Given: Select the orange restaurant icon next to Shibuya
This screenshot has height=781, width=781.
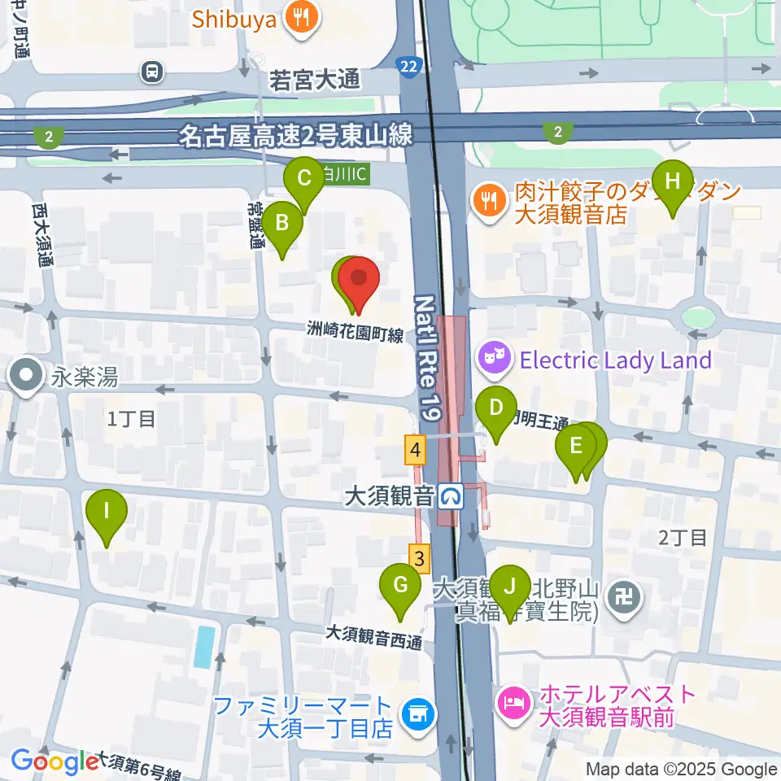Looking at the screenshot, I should coord(301,18).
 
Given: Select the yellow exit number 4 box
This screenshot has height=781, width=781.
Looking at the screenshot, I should coord(416,449).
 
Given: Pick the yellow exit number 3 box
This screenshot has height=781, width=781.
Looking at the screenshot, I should coord(419,559).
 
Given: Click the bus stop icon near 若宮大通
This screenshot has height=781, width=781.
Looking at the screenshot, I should coord(151,72).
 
